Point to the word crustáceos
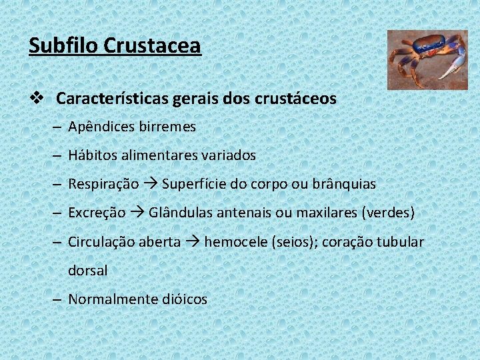tap(295, 99)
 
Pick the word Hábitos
tap(93, 155)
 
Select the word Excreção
tap(97, 213)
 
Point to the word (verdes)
tap(388, 213)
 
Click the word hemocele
tap(235, 242)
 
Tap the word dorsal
tap(87, 271)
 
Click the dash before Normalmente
tap(58, 299)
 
